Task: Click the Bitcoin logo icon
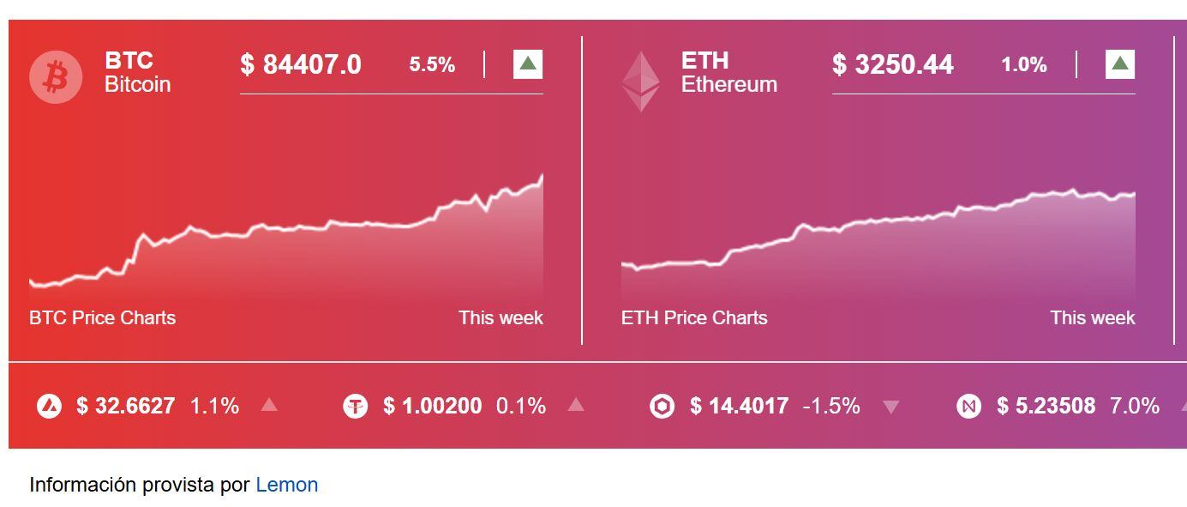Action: click(x=56, y=76)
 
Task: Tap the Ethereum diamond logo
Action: click(x=640, y=81)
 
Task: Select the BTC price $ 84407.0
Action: click(x=301, y=64)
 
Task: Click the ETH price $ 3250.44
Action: click(x=892, y=64)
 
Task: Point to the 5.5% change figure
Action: click(x=432, y=64)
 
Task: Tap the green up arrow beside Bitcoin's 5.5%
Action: click(x=528, y=64)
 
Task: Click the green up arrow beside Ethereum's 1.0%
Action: click(x=1120, y=64)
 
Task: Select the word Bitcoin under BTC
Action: click(x=137, y=84)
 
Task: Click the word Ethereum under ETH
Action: click(x=728, y=84)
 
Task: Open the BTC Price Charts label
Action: click(x=102, y=317)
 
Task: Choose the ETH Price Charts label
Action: click(x=694, y=317)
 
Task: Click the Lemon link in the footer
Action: click(x=286, y=485)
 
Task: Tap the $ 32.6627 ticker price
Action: click(x=125, y=406)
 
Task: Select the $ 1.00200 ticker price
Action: click(x=432, y=406)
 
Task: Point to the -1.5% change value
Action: click(x=830, y=406)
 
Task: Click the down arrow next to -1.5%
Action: click(x=891, y=407)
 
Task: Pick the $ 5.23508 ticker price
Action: click(x=1046, y=406)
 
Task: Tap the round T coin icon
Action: click(x=355, y=406)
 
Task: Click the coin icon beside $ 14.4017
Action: click(x=662, y=406)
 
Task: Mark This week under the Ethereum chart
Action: click(x=1092, y=317)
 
